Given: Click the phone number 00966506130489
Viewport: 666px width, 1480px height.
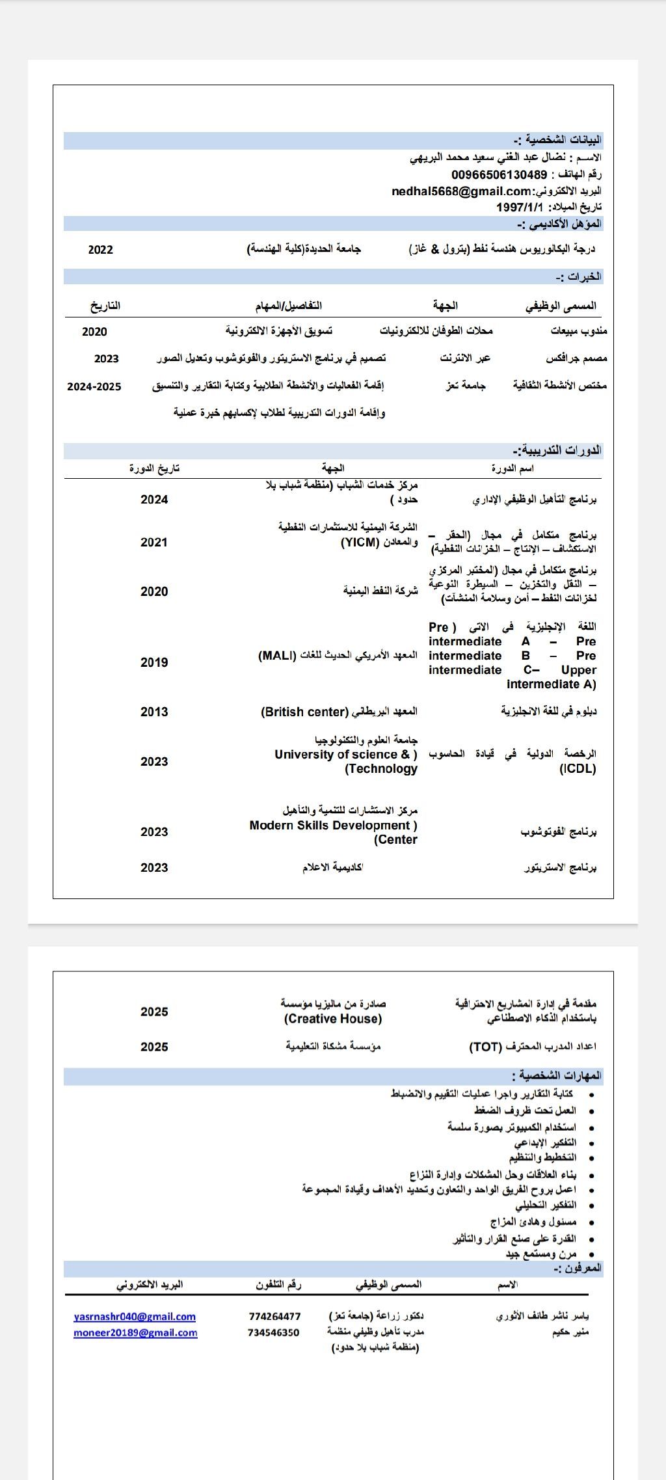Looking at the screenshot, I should pos(499,175).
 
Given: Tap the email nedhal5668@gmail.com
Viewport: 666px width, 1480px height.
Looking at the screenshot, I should pos(462,191).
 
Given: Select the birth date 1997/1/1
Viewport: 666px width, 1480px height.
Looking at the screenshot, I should pos(519,207).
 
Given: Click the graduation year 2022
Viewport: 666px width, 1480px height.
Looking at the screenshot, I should pos(100,250).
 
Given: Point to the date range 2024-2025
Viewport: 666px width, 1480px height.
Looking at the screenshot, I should pos(94,386).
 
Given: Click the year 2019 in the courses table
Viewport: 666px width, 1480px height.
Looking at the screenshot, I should pos(154,663).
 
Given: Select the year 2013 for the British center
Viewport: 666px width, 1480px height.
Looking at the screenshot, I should pos(154,712).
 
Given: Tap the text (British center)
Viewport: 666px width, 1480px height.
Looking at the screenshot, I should pos(305,712).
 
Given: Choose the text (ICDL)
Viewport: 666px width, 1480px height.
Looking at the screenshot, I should pos(578,769).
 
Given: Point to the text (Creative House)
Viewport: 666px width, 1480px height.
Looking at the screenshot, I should pos(333,1019).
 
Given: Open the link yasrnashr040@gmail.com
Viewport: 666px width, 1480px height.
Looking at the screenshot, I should pos(135,1317).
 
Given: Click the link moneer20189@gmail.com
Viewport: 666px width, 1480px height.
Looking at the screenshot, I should pos(135,1333).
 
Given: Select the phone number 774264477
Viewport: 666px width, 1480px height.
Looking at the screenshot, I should pos(274,1317).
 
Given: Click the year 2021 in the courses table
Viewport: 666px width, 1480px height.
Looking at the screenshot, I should pos(154,543).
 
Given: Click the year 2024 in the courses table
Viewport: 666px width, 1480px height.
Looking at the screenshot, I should pos(154,500).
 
